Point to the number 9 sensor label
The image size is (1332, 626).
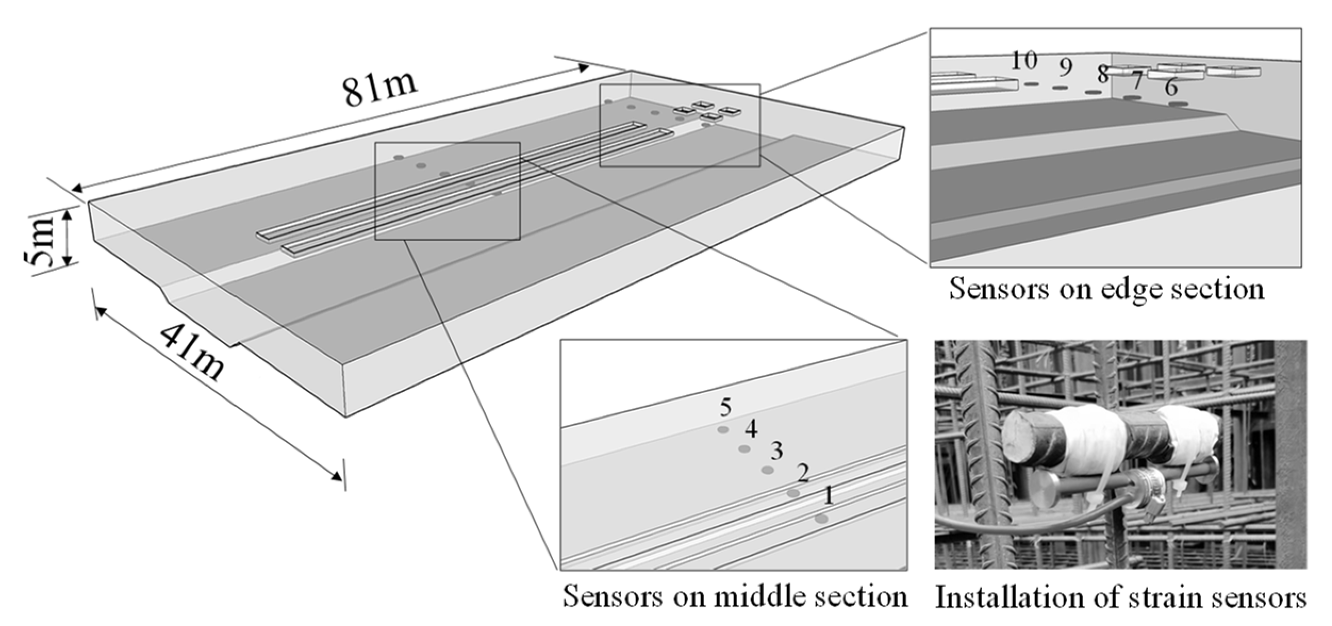tap(1064, 68)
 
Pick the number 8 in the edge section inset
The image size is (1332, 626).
tap(1103, 74)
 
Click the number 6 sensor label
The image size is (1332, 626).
tap(1171, 88)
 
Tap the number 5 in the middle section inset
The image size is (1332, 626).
tap(725, 408)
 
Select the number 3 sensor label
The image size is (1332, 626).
tap(776, 451)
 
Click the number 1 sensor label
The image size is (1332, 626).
tap(828, 496)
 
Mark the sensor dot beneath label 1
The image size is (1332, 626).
tap(821, 519)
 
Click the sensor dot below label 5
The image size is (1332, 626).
tap(723, 430)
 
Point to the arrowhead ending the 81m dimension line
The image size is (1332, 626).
tap(584, 67)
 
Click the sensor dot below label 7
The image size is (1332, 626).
tap(1131, 98)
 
